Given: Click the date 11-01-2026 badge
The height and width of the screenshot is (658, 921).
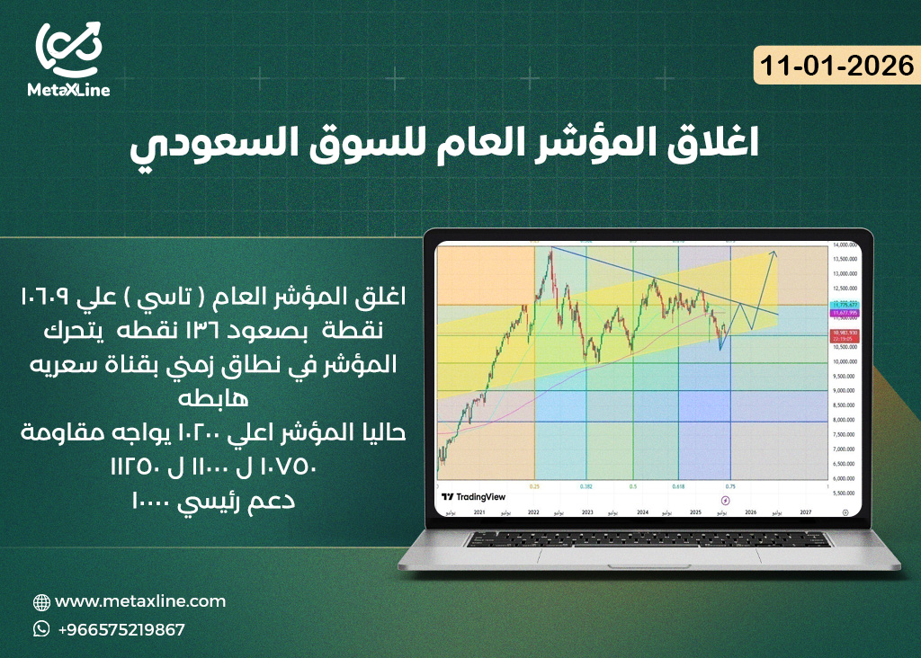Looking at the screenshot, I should coord(836,66).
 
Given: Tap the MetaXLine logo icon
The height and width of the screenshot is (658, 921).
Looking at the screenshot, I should coord(68,49).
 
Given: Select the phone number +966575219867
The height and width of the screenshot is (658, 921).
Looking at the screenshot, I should coord(121,629).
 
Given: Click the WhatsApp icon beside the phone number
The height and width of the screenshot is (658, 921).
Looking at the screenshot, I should coord(41,629).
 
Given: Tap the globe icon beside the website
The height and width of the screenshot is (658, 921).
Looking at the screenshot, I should coord(41,601).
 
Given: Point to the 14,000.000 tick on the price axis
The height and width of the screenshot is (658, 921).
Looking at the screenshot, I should coord(843,245).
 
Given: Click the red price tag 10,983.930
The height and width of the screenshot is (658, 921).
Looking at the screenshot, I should coord(843,333).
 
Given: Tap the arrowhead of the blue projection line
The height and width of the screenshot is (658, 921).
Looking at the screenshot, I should coord(774,253).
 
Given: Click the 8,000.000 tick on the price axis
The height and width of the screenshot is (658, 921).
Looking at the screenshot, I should coord(843,420).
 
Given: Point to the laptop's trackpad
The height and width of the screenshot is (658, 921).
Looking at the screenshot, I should coord(650,560).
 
